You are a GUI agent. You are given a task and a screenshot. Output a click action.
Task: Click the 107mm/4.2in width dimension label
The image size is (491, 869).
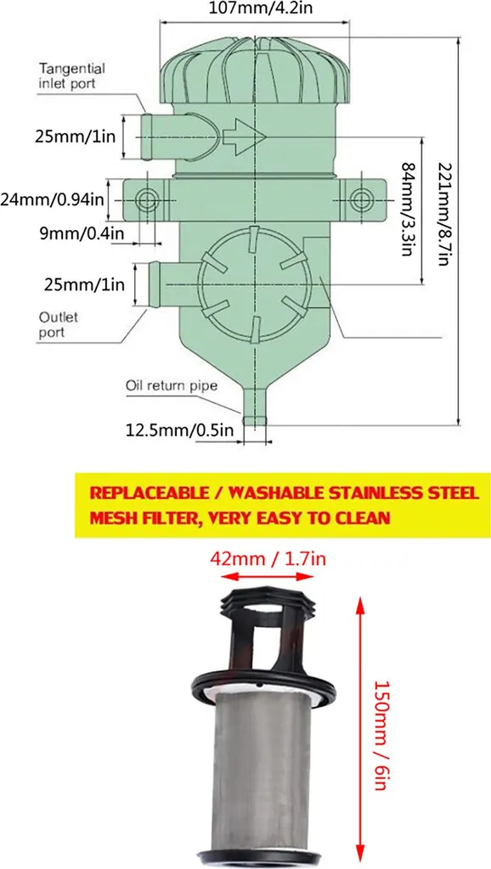tap(252, 8)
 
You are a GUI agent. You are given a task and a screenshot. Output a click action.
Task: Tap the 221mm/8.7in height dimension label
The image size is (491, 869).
tap(443, 214)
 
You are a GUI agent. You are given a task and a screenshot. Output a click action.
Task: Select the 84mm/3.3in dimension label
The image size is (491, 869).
tap(409, 209)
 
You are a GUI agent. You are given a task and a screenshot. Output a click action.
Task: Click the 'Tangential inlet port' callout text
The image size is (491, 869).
tap(71, 76)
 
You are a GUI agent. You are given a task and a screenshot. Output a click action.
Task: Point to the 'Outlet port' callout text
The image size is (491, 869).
tap(59, 325)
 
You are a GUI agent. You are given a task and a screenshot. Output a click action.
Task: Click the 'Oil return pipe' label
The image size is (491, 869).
tap(170, 385)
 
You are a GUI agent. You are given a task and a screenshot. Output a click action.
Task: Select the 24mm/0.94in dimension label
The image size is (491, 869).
tap(52, 199)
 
